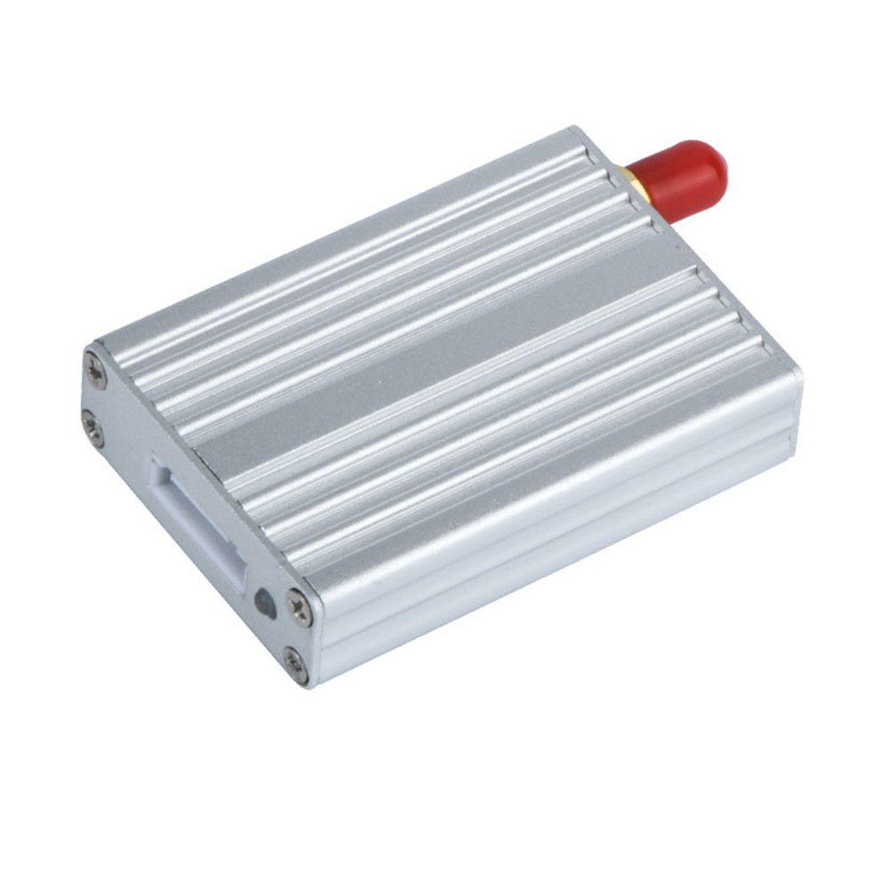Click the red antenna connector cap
pyautogui.click(x=679, y=180)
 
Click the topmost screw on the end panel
pyautogui.click(x=95, y=369)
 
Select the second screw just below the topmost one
pyautogui.click(x=92, y=428)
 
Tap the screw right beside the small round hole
pyautogui.click(x=299, y=607)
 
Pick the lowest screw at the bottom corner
pyautogui.click(x=295, y=664)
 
